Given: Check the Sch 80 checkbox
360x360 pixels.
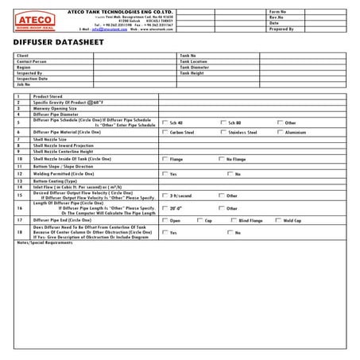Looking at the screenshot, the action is pos(222,122).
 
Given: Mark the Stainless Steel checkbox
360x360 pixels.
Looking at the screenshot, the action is pos(222,132).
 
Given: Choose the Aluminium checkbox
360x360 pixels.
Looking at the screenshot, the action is pos(280,132).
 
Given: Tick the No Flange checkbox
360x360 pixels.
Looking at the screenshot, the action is pos(222,159).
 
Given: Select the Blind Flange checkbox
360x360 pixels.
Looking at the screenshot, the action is pos(233,220).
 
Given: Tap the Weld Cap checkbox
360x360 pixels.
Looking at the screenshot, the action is pos(278,220).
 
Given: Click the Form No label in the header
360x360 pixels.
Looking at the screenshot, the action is pos(280,12).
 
